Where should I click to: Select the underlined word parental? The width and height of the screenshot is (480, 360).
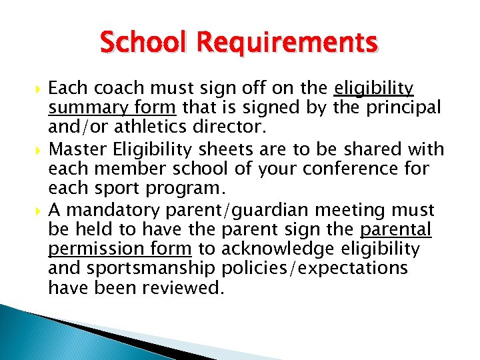point(397,230)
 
